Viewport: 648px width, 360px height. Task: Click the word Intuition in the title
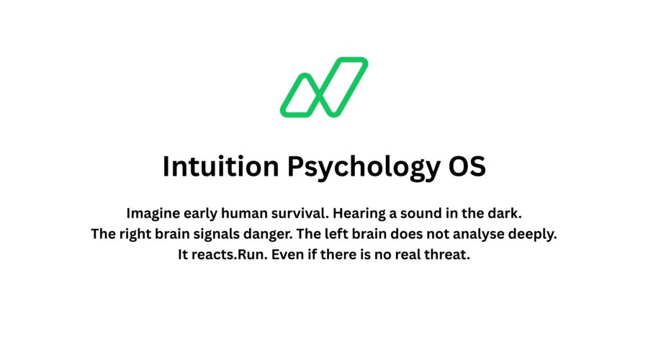coord(221,166)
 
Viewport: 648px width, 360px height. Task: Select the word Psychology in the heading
coord(364,167)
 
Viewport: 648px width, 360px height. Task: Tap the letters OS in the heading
coord(467,166)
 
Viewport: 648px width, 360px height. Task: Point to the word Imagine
coord(153,214)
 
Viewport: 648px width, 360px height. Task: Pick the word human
coord(244,214)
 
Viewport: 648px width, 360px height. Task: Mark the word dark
coord(505,214)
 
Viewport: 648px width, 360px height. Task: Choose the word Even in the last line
coord(287,254)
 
